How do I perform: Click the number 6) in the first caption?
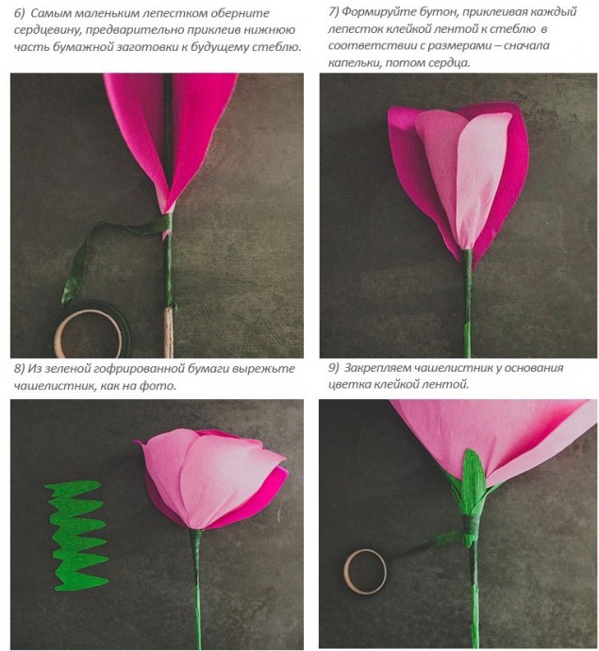[x=20, y=13]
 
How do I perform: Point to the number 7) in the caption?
[x=333, y=11]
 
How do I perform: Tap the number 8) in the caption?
[x=20, y=369]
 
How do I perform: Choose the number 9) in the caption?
[x=334, y=368]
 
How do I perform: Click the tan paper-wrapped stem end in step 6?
[x=168, y=332]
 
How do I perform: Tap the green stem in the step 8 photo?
[x=197, y=590]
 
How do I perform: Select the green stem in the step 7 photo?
[x=468, y=303]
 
